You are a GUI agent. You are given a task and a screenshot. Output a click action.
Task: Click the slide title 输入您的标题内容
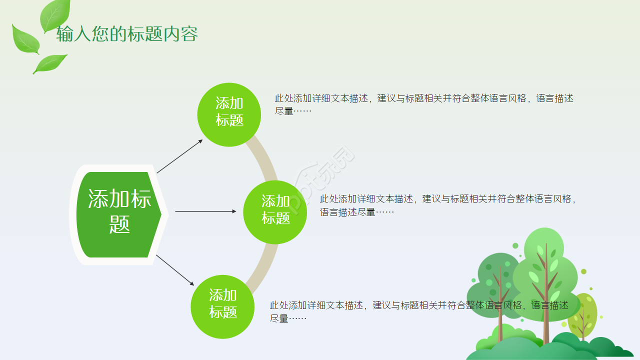pos(127,34)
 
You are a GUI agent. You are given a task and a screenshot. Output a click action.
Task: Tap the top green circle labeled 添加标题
pos(229,114)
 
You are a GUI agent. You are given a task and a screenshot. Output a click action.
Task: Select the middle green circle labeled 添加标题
pos(275,212)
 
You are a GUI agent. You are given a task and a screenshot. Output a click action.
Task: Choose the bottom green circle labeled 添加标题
pos(222,306)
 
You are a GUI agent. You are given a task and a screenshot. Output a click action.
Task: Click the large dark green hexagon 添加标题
pos(119,214)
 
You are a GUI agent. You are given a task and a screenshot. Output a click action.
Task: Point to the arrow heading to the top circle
pos(179,156)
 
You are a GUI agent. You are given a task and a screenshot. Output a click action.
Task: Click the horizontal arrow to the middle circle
pos(205,211)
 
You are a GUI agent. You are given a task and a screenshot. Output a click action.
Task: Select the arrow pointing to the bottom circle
pos(175,270)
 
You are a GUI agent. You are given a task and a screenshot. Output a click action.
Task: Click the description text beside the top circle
pos(423,104)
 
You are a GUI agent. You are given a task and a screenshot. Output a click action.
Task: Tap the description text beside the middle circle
pos(448,205)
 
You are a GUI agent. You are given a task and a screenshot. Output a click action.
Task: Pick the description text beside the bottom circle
pos(419,311)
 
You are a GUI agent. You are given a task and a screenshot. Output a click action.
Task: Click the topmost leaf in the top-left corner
pos(54,14)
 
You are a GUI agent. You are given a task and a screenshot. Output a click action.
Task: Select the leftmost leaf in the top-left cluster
pos(25,39)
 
